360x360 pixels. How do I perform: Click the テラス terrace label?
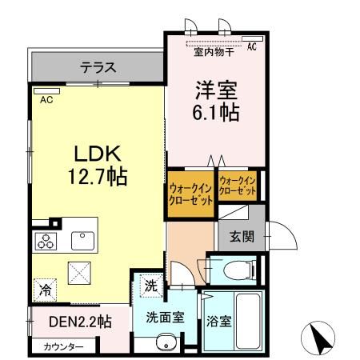(x=98, y=67)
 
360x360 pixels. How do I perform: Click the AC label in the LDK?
(x=46, y=99)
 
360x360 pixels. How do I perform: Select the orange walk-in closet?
(x=190, y=194)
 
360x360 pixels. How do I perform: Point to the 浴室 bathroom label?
(x=220, y=322)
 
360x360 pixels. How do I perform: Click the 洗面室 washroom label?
(x=165, y=317)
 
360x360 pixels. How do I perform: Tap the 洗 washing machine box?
(x=151, y=284)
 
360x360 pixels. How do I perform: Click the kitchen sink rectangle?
(x=82, y=240)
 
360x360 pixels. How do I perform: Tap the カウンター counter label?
(x=64, y=346)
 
